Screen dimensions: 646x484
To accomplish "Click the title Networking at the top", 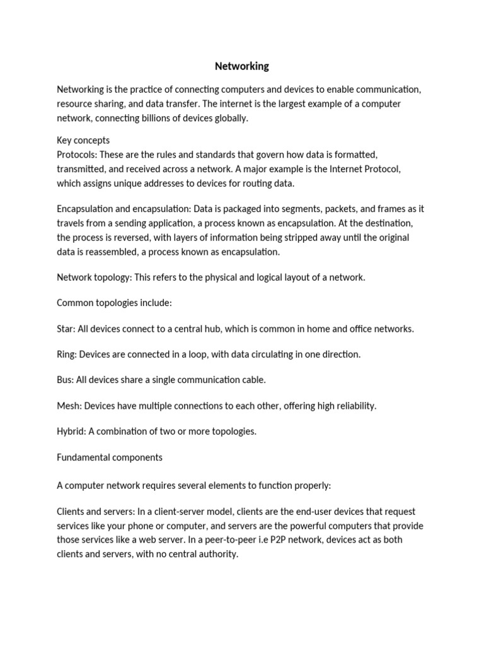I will [242, 66].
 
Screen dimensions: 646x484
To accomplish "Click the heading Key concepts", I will [83, 140].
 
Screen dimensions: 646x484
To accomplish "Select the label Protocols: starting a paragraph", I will [77, 155].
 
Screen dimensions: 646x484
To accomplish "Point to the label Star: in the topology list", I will [66, 329].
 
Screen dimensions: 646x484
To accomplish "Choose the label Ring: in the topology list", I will [66, 355].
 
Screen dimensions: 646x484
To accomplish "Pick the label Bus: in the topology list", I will [65, 380].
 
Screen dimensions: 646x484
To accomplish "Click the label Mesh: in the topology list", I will [69, 406].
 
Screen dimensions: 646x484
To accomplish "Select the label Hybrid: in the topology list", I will [71, 432].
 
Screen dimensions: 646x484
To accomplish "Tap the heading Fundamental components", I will [110, 457].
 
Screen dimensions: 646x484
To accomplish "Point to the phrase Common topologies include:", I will [114, 303].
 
